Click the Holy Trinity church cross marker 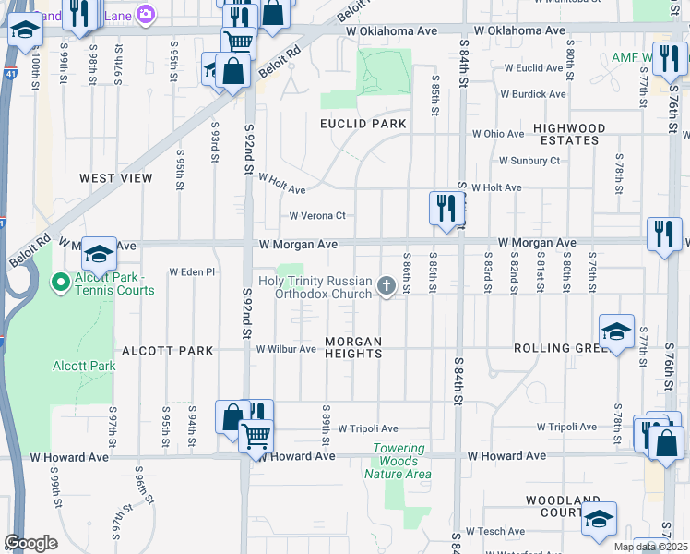click(387, 288)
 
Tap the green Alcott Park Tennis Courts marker click(62, 283)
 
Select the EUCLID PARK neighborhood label click(363, 124)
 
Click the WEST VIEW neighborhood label click(115, 178)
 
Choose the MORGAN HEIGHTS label click(352, 348)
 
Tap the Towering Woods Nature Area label click(399, 462)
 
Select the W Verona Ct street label click(316, 216)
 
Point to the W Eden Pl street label click(192, 272)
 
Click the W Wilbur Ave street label click(286, 350)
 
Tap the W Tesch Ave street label click(494, 532)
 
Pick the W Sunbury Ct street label click(529, 161)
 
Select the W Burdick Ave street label click(533, 94)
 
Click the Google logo click(30, 543)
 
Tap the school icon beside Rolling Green click(616, 331)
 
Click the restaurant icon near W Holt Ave click(444, 209)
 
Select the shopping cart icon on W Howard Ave click(256, 434)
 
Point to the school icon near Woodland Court click(599, 520)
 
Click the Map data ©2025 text click(649, 547)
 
